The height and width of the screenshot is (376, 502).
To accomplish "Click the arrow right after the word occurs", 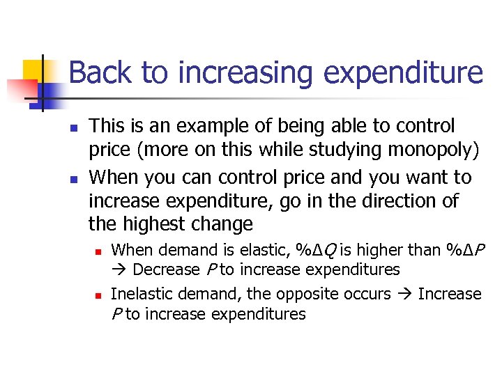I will tap(404, 295).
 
